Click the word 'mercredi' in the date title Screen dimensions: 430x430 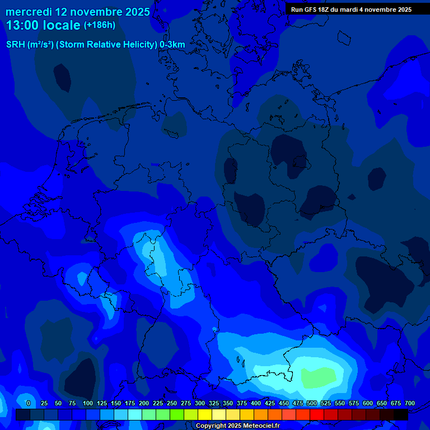click(28, 12)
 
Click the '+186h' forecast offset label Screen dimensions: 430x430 click(99, 25)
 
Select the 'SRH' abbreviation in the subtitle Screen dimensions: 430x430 click(15, 45)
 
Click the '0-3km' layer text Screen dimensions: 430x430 click(172, 45)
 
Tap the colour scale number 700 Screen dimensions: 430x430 click(409, 403)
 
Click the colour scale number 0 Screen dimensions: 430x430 click(29, 403)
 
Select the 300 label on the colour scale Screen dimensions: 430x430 click(200, 403)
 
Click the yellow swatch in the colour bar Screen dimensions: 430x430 click(205, 415)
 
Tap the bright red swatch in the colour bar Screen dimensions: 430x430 click(317, 415)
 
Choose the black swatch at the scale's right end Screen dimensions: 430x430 click(401, 415)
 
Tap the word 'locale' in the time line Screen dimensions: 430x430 click(62, 25)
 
